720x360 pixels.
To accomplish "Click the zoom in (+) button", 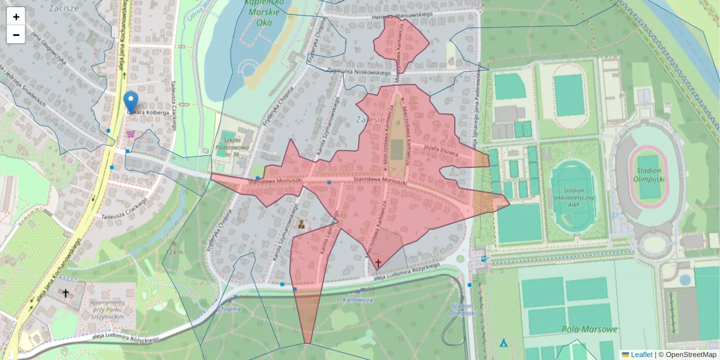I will point(16,16).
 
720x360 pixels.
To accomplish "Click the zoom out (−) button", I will point(16,35).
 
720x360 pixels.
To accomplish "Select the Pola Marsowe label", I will point(590,329).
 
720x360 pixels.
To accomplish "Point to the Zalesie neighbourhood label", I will point(370,118).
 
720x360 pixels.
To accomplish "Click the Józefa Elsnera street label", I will point(440,149).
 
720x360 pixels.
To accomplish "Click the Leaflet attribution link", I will point(641,355).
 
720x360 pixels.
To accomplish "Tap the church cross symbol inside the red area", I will point(378,263).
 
